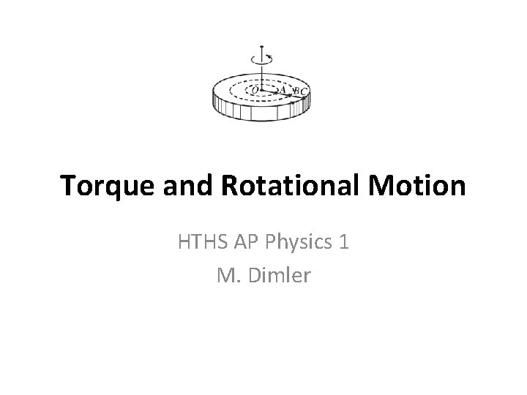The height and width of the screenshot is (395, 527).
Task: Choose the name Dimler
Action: click(277, 276)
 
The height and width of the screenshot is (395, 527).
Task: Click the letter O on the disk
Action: click(254, 90)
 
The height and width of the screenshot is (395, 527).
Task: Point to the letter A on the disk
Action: click(283, 89)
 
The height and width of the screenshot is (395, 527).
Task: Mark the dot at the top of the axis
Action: click(261, 48)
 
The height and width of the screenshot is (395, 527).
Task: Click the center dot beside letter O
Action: click(262, 91)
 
